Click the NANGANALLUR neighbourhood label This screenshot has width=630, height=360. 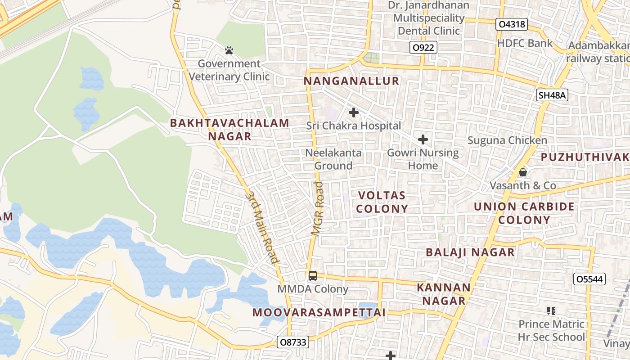pos(351,81)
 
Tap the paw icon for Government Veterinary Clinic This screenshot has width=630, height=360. pos(229,50)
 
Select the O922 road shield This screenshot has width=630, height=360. pos(423,47)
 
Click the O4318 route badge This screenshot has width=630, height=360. pos(512,24)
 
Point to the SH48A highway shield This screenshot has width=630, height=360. pos(552,94)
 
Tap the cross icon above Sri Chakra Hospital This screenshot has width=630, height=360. pos(354,112)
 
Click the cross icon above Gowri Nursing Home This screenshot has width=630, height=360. pos(423,139)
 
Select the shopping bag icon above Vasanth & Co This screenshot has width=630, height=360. pos(523,172)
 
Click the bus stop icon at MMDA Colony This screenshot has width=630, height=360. pos(313,275)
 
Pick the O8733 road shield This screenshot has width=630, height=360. pos(292,342)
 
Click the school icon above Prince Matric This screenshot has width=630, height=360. pos(551,310)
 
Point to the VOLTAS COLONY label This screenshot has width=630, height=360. pos(383,202)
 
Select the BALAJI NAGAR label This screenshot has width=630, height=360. pos(470,252)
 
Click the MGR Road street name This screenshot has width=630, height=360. pos(319,208)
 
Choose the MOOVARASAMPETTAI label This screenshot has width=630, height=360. pos(319,312)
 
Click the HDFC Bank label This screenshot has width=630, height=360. pos(525,43)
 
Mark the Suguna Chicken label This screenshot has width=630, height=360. pos(507,140)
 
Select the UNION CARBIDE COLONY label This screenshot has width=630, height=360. pos(524,213)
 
